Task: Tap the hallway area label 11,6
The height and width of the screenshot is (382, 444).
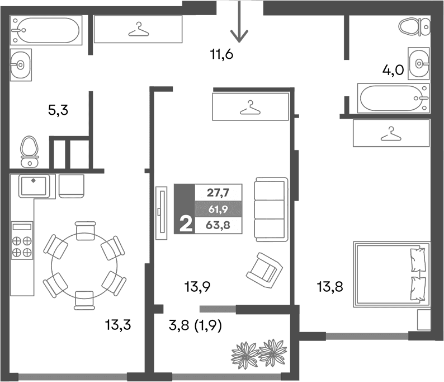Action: pyautogui.click(x=221, y=55)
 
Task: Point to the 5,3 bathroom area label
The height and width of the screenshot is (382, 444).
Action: pyautogui.click(x=58, y=110)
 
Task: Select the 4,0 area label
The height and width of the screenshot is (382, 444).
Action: pyautogui.click(x=393, y=71)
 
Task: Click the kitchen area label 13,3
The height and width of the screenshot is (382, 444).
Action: pyautogui.click(x=117, y=324)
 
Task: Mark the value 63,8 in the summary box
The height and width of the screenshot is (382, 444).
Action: pyautogui.click(x=218, y=226)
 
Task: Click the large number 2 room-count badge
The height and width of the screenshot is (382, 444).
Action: pyautogui.click(x=185, y=225)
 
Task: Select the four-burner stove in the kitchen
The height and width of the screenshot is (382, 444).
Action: pyautogui.click(x=22, y=241)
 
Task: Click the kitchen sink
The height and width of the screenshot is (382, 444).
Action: pyautogui.click(x=37, y=185)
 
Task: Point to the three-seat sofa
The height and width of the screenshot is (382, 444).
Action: pyautogui.click(x=271, y=210)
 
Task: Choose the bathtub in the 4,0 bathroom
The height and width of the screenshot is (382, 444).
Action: pyautogui.click(x=394, y=99)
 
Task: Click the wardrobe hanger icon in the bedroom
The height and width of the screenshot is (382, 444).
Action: pyautogui.click(x=391, y=133)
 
